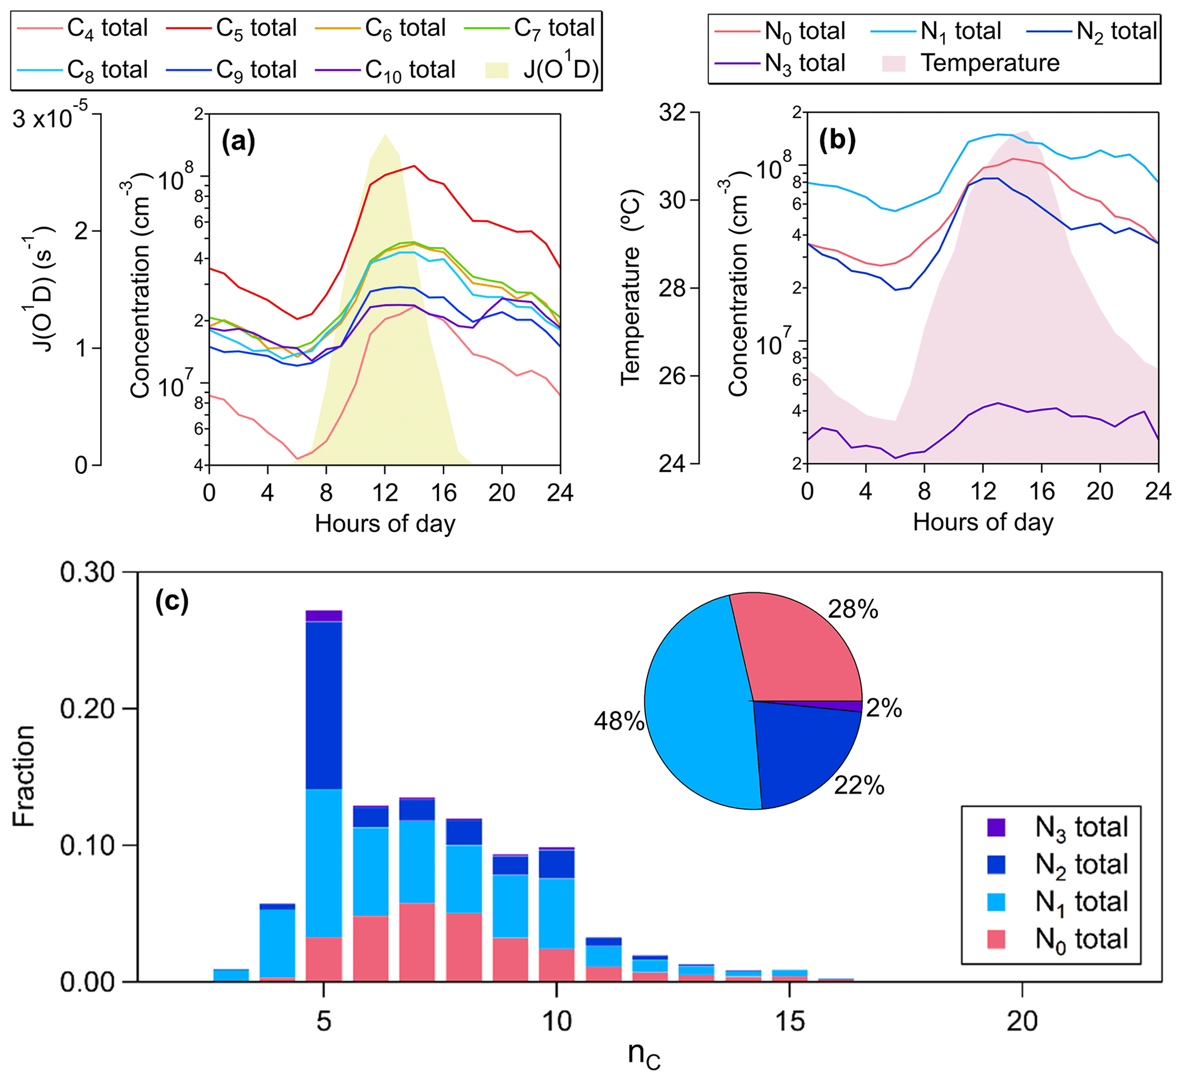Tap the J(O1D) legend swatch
[497, 70]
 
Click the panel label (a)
[238, 141]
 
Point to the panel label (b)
[837, 140]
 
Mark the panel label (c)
[171, 601]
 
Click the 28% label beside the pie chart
[853, 611]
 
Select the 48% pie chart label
[619, 721]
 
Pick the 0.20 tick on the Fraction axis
[87, 709]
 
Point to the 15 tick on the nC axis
[789, 1021]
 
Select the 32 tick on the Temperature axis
[675, 112]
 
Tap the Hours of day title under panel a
[385, 523]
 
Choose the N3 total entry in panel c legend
[1081, 828]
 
